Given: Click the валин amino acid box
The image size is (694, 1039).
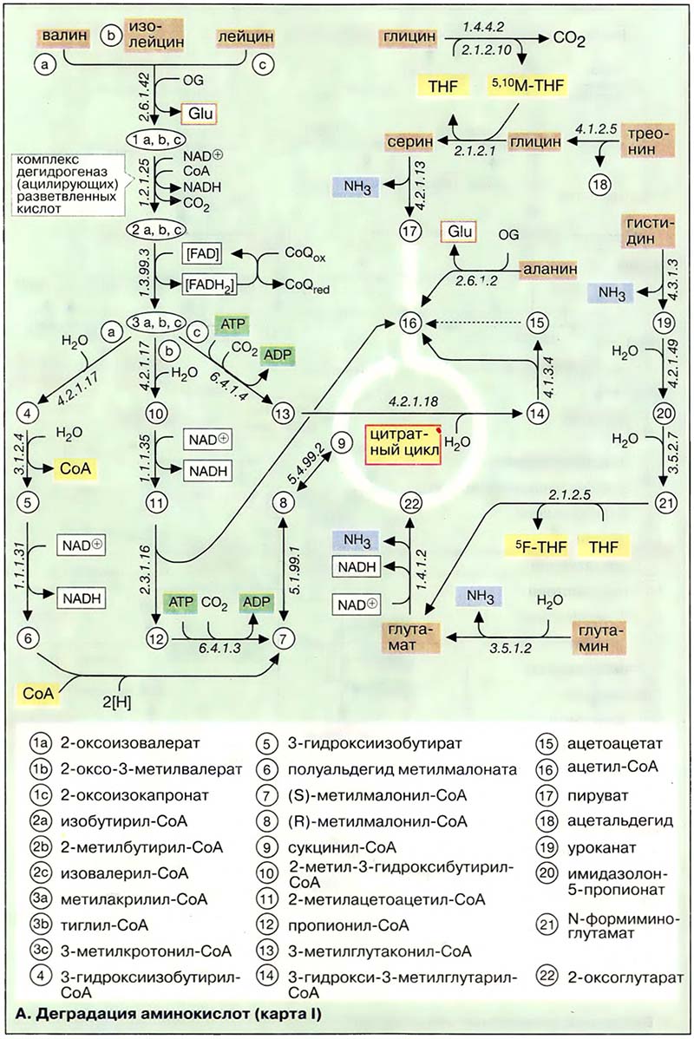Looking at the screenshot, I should click(62, 37).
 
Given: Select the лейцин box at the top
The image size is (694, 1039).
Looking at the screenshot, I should click(245, 37).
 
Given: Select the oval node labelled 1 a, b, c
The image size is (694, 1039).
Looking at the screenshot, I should click(154, 139).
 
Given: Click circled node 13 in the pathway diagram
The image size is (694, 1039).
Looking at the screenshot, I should click(283, 414).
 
